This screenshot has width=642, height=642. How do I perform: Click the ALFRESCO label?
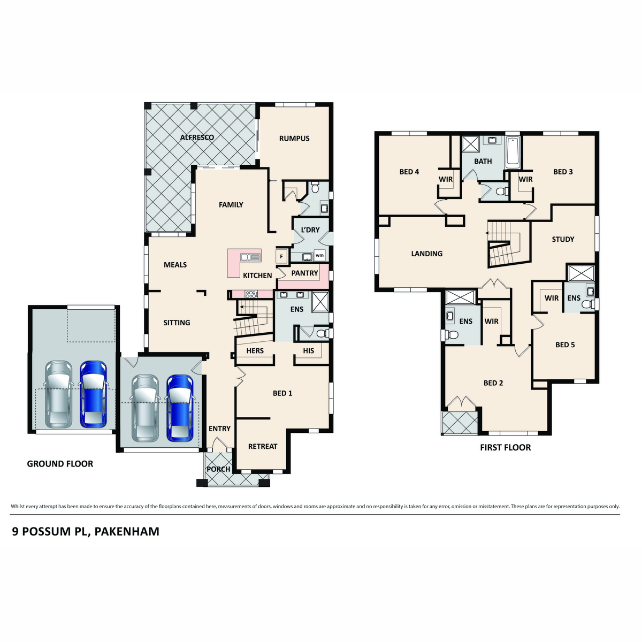(x=197, y=137)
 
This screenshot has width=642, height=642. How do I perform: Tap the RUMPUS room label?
(x=294, y=139)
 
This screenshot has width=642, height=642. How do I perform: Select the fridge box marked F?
(x=281, y=257)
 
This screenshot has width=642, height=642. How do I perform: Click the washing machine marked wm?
(x=319, y=256)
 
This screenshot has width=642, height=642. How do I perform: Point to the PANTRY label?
(x=305, y=273)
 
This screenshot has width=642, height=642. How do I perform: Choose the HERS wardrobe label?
(x=255, y=351)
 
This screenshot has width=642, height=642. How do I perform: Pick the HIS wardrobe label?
(x=309, y=351)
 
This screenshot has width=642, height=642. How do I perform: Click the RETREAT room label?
(x=263, y=447)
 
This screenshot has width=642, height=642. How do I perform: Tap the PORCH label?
(x=218, y=469)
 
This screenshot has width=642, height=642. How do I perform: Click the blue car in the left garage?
(x=94, y=394)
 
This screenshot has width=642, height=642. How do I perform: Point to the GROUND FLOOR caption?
(x=60, y=464)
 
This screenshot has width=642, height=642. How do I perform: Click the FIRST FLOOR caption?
(x=506, y=448)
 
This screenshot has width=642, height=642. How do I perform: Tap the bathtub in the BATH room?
(x=513, y=151)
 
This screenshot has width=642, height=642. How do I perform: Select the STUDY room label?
(x=563, y=240)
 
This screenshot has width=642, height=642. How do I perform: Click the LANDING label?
(x=427, y=254)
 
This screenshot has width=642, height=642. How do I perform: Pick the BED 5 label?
(x=565, y=345)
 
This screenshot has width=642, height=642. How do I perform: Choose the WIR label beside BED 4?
(x=446, y=180)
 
